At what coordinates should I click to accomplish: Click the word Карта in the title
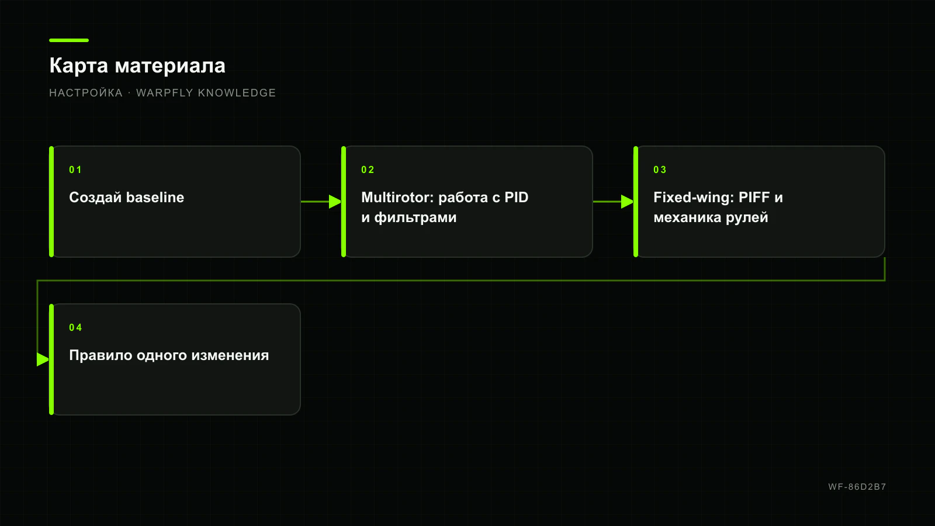click(78, 66)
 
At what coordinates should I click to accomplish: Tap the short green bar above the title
click(69, 40)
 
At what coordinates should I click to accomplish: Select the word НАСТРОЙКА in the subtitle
click(85, 93)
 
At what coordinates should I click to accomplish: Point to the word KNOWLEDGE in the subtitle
click(237, 93)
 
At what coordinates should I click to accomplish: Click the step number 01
click(75, 170)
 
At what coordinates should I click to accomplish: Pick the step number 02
click(368, 170)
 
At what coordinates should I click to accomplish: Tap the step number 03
click(660, 170)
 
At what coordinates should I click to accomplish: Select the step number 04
click(75, 328)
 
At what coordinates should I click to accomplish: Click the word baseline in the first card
click(155, 197)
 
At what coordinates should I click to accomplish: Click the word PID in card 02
click(517, 197)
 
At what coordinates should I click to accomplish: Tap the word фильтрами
click(415, 217)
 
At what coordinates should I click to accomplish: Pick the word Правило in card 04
click(101, 355)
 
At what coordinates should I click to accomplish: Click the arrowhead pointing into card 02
click(335, 202)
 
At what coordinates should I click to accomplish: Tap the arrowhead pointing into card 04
click(43, 359)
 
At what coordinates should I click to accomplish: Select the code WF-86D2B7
click(857, 487)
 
